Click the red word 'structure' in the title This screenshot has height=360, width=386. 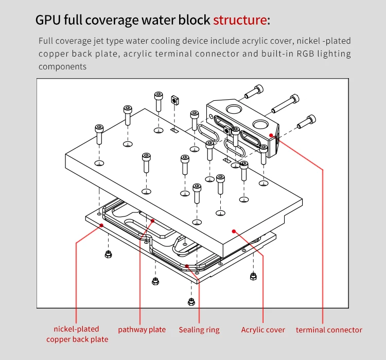pyautogui.click(x=240, y=21)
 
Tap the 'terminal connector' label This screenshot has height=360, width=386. pyautogui.click(x=329, y=330)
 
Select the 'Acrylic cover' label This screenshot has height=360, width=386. pyautogui.click(x=263, y=330)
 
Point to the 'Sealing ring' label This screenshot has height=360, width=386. pyautogui.click(x=199, y=330)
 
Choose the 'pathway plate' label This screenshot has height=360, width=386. pyautogui.click(x=142, y=330)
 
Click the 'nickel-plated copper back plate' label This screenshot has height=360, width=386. pyautogui.click(x=77, y=334)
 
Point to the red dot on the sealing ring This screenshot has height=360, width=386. pyautogui.click(x=187, y=266)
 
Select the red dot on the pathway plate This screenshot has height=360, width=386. pyautogui.click(x=153, y=221)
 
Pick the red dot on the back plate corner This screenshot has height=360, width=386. pyautogui.click(x=102, y=225)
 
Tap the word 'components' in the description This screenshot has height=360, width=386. pyautogui.click(x=62, y=67)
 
